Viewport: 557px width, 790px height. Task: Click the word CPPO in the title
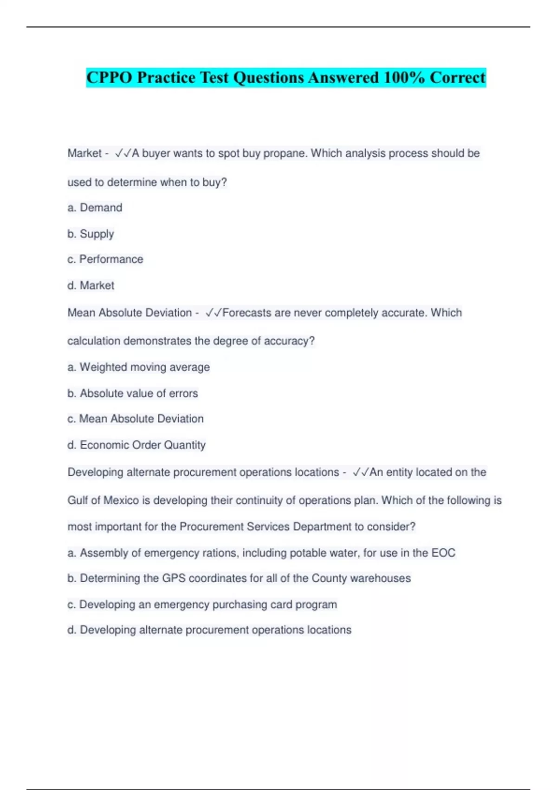tap(109, 78)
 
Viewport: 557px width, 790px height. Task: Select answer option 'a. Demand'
tap(95, 208)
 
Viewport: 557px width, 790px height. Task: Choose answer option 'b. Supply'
tap(91, 234)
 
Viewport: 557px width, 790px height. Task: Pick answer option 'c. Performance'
tap(105, 259)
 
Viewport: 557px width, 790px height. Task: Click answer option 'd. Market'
tap(91, 285)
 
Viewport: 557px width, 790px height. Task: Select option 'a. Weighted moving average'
tap(138, 367)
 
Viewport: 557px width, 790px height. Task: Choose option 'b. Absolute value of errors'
tap(132, 393)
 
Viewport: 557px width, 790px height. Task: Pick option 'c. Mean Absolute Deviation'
tap(135, 419)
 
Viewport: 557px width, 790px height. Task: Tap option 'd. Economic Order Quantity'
tap(136, 445)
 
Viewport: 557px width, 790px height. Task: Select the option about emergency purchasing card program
tap(202, 605)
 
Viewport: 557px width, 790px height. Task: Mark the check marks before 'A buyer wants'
tap(123, 153)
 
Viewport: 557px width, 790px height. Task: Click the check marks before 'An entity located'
tap(361, 473)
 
